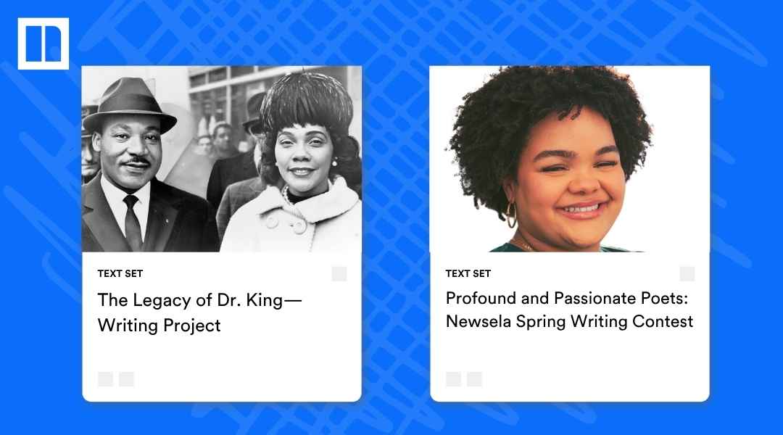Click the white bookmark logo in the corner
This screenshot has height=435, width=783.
[x=43, y=43]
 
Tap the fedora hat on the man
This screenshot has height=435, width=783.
[x=130, y=101]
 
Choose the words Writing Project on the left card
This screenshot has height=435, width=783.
[x=159, y=325]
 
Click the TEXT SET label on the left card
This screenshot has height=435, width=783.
[x=120, y=273]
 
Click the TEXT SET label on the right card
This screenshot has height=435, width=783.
[x=468, y=273]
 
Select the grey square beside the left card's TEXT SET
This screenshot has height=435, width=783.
[x=339, y=273]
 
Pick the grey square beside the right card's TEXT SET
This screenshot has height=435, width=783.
[x=687, y=273]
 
